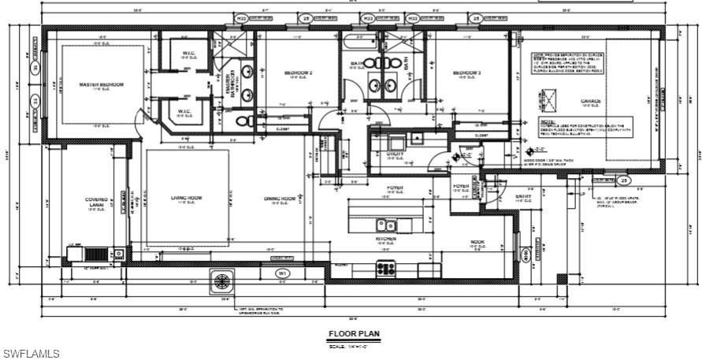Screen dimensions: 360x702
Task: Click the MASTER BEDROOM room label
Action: coord(101,84)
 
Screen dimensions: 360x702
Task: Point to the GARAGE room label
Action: coord(591,102)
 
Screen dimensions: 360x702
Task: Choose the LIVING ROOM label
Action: coord(187,198)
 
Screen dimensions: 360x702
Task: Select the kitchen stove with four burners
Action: coord(386,269)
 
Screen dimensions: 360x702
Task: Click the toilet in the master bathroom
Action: coord(244,121)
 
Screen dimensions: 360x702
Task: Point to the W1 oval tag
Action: coord(281,273)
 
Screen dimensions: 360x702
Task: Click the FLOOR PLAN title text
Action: coord(354,334)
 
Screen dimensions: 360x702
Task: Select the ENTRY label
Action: coord(523,197)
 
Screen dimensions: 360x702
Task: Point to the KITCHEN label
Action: coord(386,238)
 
